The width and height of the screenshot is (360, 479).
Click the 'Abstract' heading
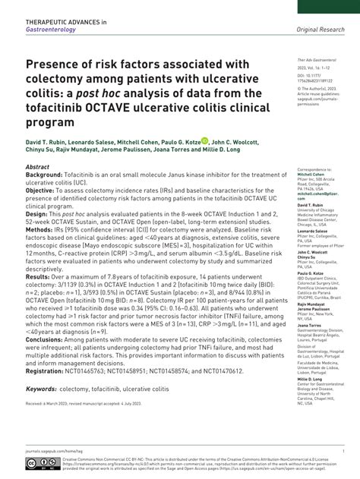pyautogui.click(x=37, y=166)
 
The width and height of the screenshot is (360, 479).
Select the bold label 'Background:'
pyautogui.click(x=44, y=175)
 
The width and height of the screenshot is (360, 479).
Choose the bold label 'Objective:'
pyautogui.click(x=42, y=190)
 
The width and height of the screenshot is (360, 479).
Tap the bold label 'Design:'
pyautogui.click(x=37, y=214)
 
